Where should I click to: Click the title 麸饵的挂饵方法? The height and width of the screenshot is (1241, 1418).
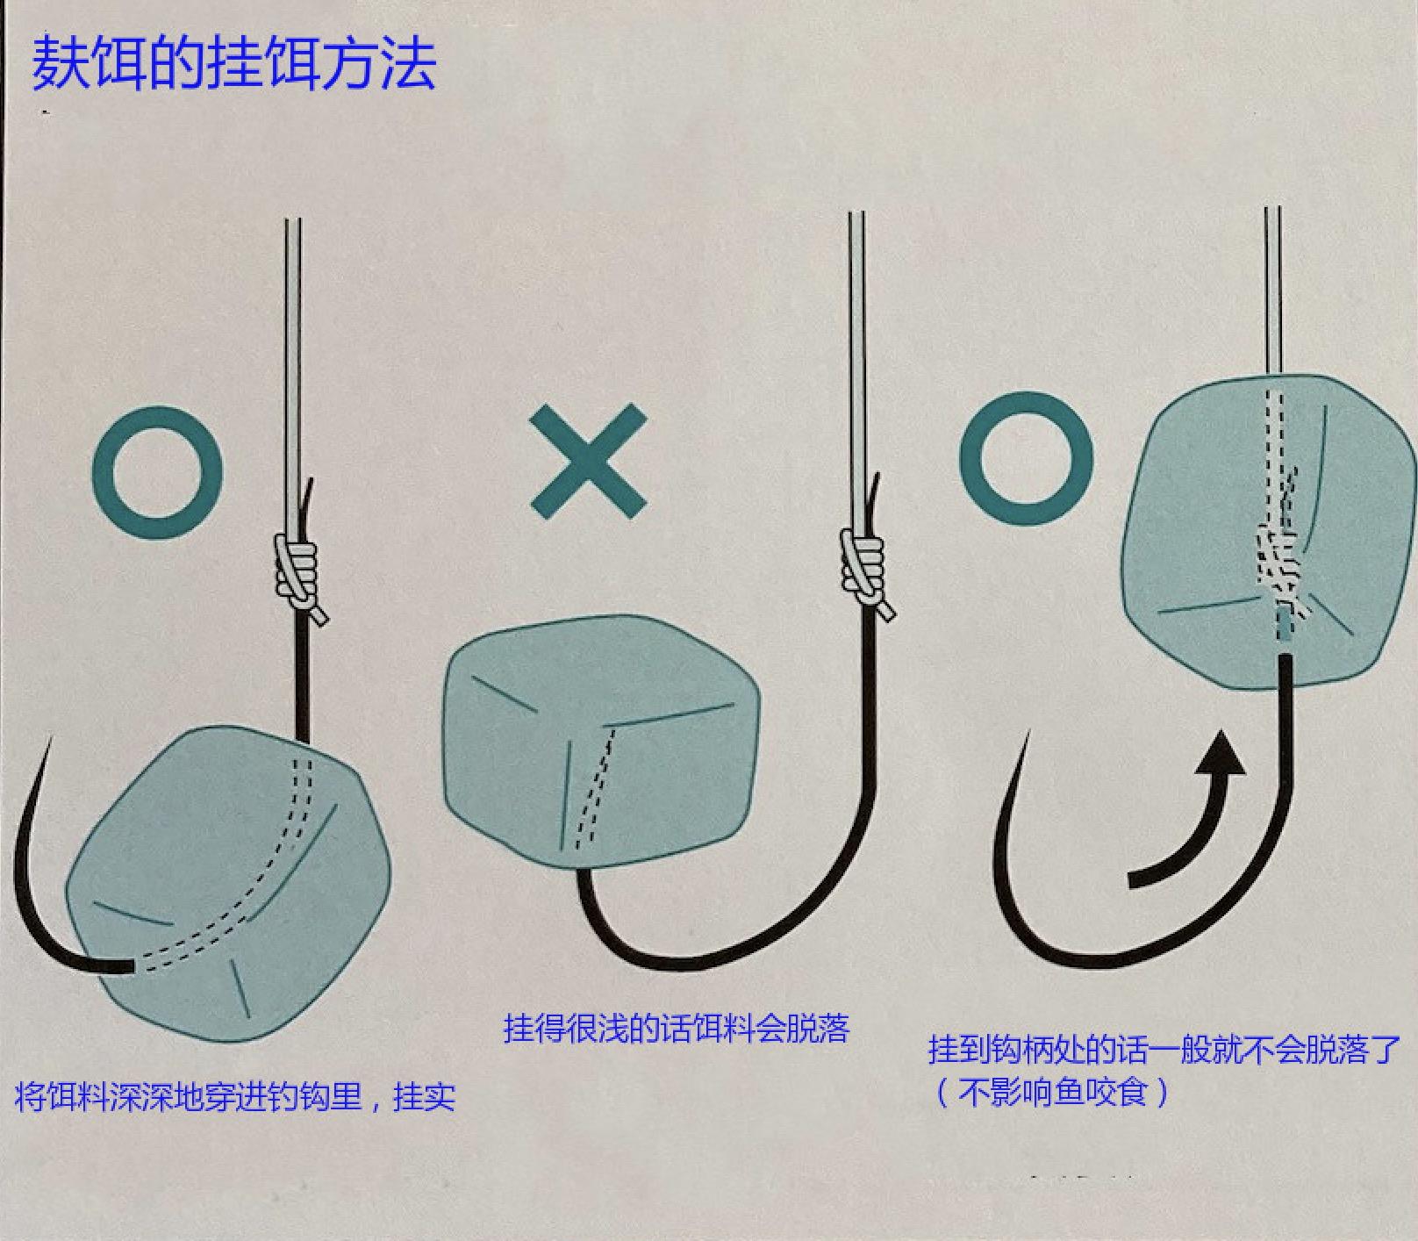coord(233,63)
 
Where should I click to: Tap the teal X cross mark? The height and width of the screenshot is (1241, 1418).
coord(589,461)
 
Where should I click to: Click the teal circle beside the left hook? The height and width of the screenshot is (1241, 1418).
coord(157,472)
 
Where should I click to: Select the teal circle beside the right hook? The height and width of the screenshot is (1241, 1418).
coord(1026,459)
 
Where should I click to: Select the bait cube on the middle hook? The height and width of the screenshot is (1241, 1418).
coord(602,742)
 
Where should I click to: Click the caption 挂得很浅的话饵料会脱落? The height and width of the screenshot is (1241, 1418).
coord(677,1028)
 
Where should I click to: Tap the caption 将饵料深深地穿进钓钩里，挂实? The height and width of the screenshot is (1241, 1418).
coord(235,1096)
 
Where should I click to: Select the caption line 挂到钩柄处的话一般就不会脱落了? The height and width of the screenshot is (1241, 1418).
coord(1164,1049)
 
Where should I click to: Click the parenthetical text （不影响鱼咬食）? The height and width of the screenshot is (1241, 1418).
coord(1053,1093)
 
